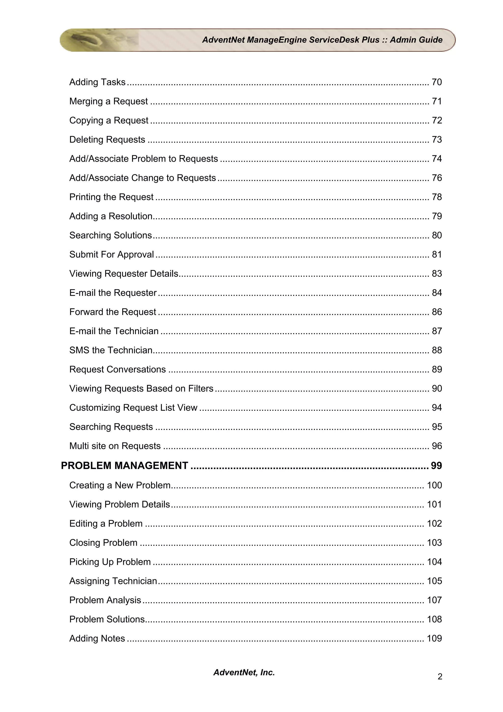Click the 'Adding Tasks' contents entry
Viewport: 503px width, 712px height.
(97, 82)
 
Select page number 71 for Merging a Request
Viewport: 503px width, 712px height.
(437, 101)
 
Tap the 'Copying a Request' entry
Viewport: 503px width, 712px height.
(109, 120)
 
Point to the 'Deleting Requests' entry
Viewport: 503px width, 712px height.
(107, 140)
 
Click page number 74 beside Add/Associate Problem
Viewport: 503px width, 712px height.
(437, 159)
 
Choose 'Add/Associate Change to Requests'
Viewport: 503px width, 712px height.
(142, 178)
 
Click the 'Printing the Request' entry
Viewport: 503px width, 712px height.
(111, 197)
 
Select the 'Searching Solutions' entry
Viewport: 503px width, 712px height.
(111, 235)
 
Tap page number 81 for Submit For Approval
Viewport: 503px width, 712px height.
(437, 255)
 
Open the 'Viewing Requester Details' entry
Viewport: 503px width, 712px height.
(124, 274)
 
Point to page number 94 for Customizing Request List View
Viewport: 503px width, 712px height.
(437, 408)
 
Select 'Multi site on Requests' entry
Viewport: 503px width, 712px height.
(115, 446)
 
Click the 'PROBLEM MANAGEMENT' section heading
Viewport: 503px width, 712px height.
(125, 466)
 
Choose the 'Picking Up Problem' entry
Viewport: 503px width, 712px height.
(110, 562)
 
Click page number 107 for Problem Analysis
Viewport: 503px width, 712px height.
(434, 600)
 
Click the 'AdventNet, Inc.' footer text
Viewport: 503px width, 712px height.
(244, 672)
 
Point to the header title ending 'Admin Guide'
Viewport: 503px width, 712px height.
(322, 40)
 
